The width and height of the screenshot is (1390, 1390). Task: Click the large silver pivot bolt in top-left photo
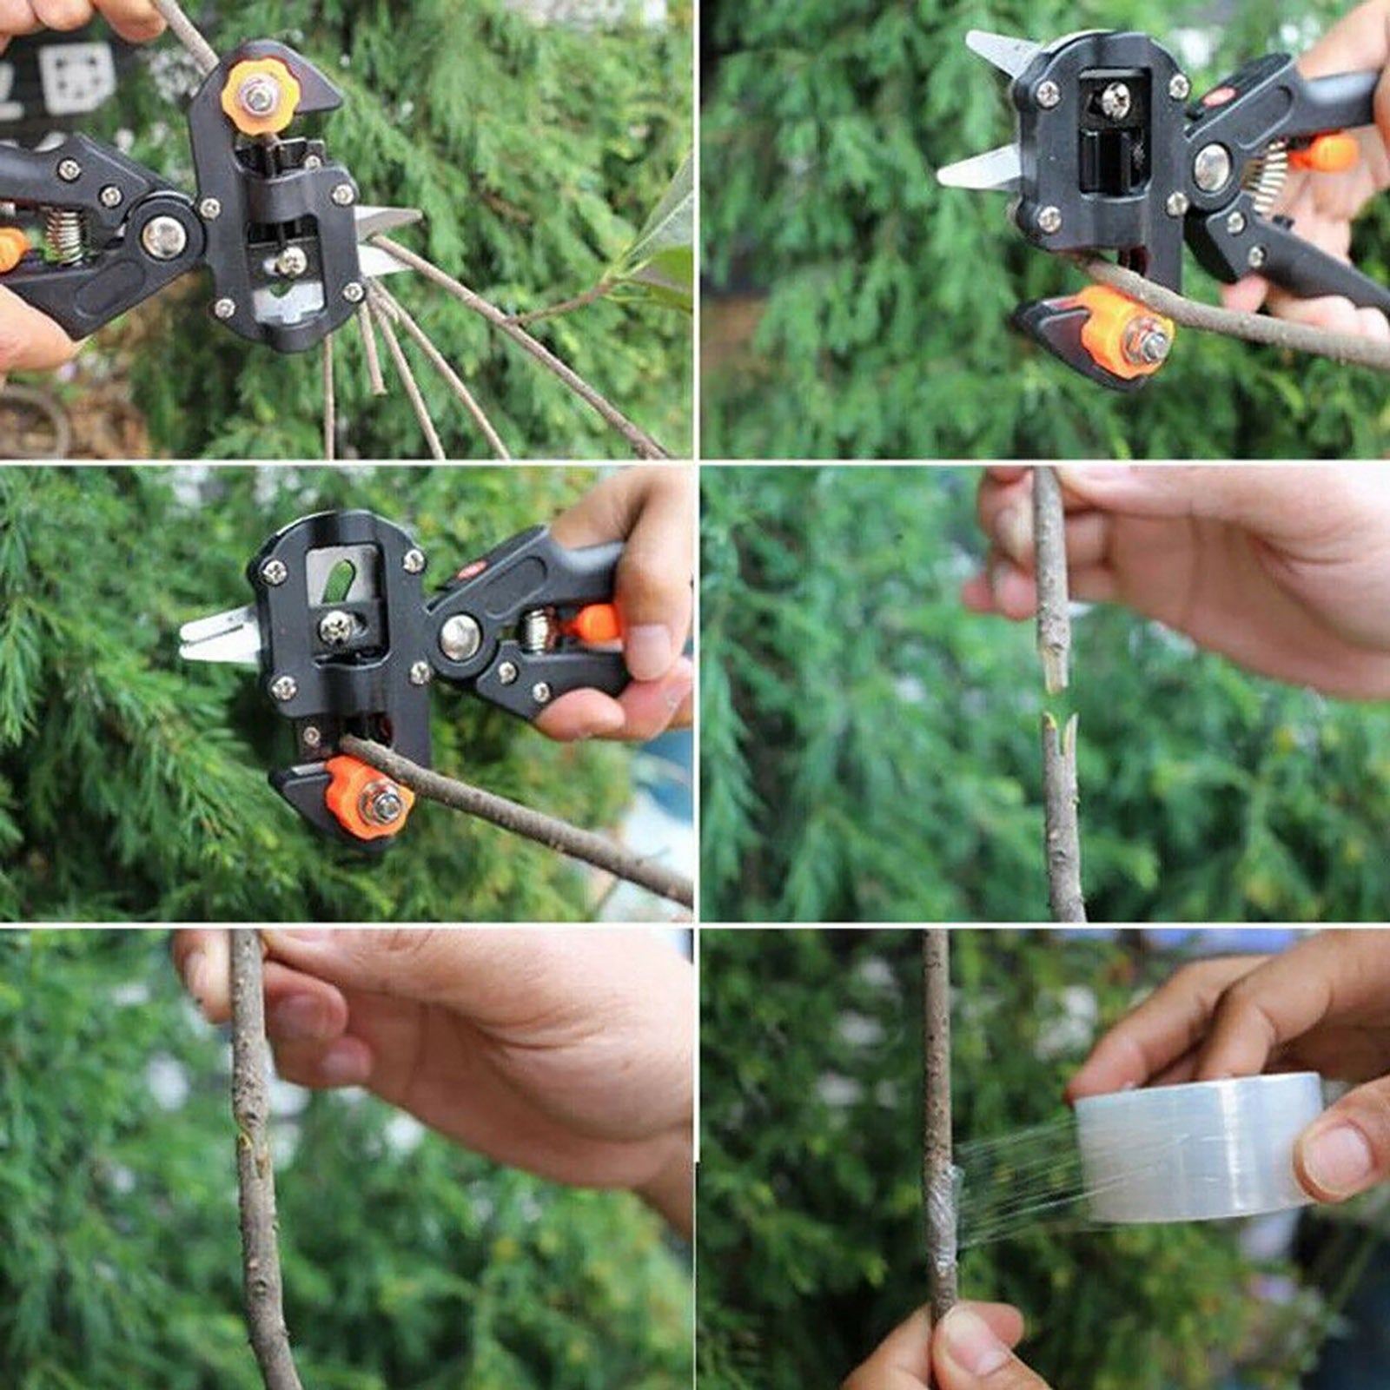(x=164, y=236)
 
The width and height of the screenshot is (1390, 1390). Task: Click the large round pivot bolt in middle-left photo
(x=460, y=637)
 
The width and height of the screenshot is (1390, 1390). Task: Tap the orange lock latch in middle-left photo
(x=595, y=624)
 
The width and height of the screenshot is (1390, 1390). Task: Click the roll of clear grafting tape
(x=1199, y=1147)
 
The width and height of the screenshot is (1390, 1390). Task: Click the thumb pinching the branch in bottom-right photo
(x=977, y=1342)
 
